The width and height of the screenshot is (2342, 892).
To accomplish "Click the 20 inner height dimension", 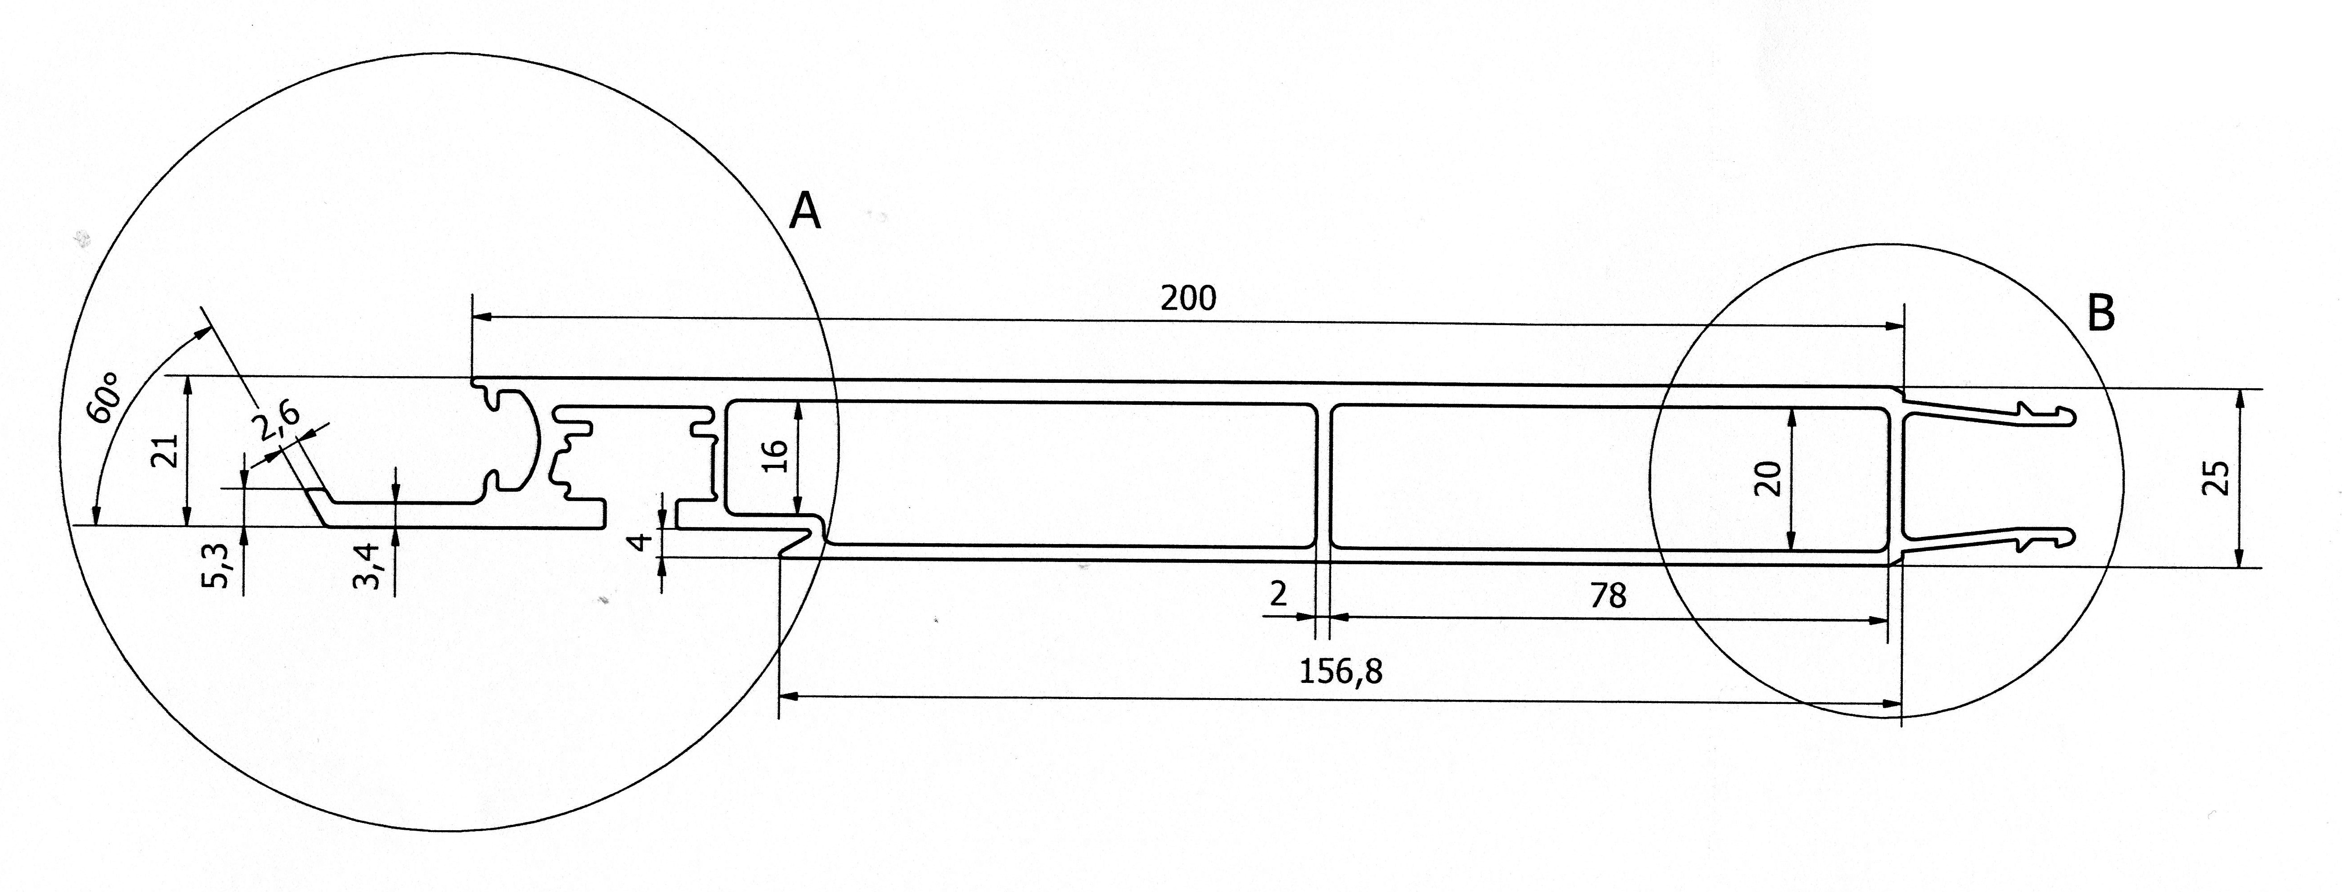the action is coord(1767,478).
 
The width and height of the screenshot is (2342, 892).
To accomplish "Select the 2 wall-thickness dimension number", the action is coord(1278,595).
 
